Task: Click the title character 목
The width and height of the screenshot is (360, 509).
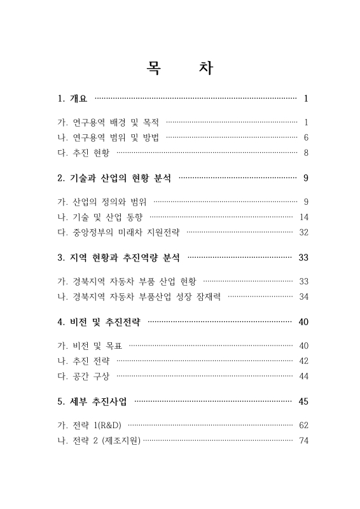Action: point(155,68)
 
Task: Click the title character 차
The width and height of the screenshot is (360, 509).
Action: point(205,68)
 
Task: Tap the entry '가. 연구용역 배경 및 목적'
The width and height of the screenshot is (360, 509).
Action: point(108,122)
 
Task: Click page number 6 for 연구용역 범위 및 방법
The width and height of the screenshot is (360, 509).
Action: point(306,137)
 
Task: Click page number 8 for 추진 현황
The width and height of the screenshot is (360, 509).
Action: point(306,153)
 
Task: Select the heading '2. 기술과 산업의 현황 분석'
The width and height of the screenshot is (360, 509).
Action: point(114,179)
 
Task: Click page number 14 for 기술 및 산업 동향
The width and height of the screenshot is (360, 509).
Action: point(303,218)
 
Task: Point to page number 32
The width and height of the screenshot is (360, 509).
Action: point(303,233)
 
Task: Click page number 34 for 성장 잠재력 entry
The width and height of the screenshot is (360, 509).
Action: point(303,297)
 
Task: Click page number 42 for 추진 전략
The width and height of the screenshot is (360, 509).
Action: point(303,361)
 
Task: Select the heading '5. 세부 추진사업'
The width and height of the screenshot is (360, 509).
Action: point(92,401)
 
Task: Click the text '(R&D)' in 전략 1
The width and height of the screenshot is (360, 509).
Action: point(116,425)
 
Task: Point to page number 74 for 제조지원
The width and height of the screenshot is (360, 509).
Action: point(303,440)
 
